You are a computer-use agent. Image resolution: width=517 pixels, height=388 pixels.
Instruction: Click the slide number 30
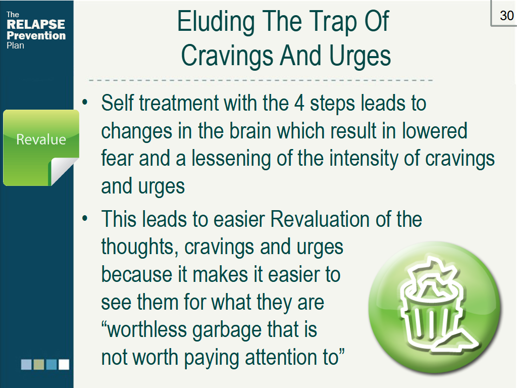tap(506, 16)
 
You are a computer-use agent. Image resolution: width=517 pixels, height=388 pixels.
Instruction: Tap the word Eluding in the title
tap(216, 22)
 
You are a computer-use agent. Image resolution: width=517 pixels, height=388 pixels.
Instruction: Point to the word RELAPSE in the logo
tap(36, 24)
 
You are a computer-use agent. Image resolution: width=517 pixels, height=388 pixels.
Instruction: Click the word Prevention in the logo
tap(36, 35)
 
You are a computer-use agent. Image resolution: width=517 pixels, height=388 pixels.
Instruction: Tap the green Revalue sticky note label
tap(41, 139)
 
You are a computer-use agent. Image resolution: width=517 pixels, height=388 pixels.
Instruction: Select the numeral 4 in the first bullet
tap(299, 103)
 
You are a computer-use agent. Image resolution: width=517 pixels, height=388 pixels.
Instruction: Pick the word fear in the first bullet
tap(117, 158)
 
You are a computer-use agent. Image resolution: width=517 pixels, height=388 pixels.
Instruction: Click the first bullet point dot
tap(85, 102)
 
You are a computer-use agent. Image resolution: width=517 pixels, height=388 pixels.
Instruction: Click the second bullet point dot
tap(85, 218)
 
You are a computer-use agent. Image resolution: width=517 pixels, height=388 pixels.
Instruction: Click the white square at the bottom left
tap(64, 365)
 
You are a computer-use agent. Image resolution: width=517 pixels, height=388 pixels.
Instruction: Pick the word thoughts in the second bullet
tap(139, 248)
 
